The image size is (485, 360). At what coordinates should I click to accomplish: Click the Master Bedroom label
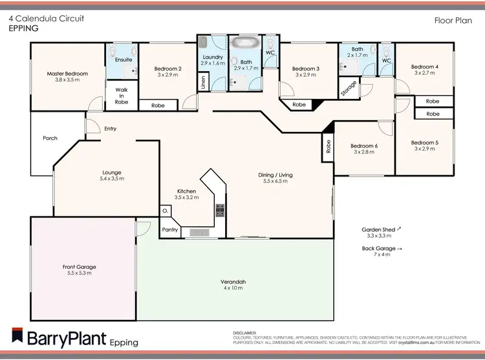click(67, 74)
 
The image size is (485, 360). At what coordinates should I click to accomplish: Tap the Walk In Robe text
click(122, 96)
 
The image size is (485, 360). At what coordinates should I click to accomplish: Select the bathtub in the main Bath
click(244, 44)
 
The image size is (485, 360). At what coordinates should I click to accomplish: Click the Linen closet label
click(203, 83)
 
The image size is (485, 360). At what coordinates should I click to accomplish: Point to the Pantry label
click(169, 229)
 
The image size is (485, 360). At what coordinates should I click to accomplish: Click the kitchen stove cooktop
click(220, 209)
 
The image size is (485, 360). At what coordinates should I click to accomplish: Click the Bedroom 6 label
click(365, 145)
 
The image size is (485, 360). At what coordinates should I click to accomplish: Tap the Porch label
click(50, 138)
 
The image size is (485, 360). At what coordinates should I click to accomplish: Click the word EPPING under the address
click(23, 28)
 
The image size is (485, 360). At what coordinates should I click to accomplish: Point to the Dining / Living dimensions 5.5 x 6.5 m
click(275, 182)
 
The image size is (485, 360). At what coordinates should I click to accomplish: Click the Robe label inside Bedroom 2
click(158, 105)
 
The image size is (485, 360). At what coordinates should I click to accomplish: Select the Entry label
click(111, 129)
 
